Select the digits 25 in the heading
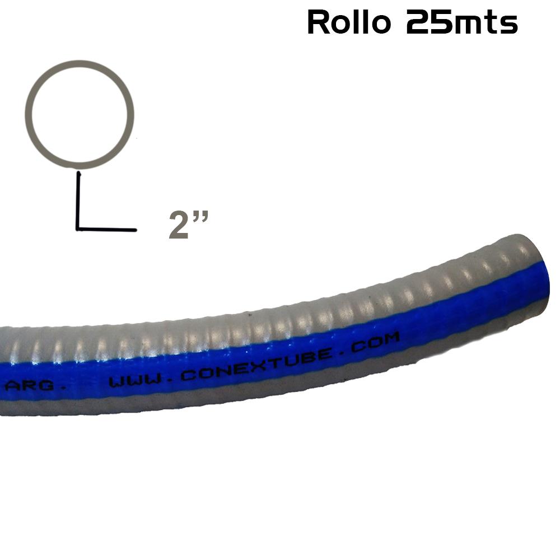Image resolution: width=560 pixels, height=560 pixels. [x=428, y=23]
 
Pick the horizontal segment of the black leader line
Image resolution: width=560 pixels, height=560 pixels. [x=106, y=229]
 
